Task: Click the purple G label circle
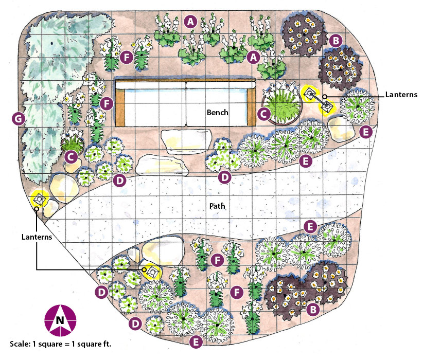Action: [x=18, y=119]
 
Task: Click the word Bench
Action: [x=217, y=112]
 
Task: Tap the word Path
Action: [x=217, y=206]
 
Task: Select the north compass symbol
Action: [x=60, y=320]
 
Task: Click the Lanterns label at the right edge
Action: [x=400, y=95]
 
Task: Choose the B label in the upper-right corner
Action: [x=335, y=40]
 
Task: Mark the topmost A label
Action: [x=191, y=22]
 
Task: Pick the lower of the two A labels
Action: [x=252, y=58]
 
